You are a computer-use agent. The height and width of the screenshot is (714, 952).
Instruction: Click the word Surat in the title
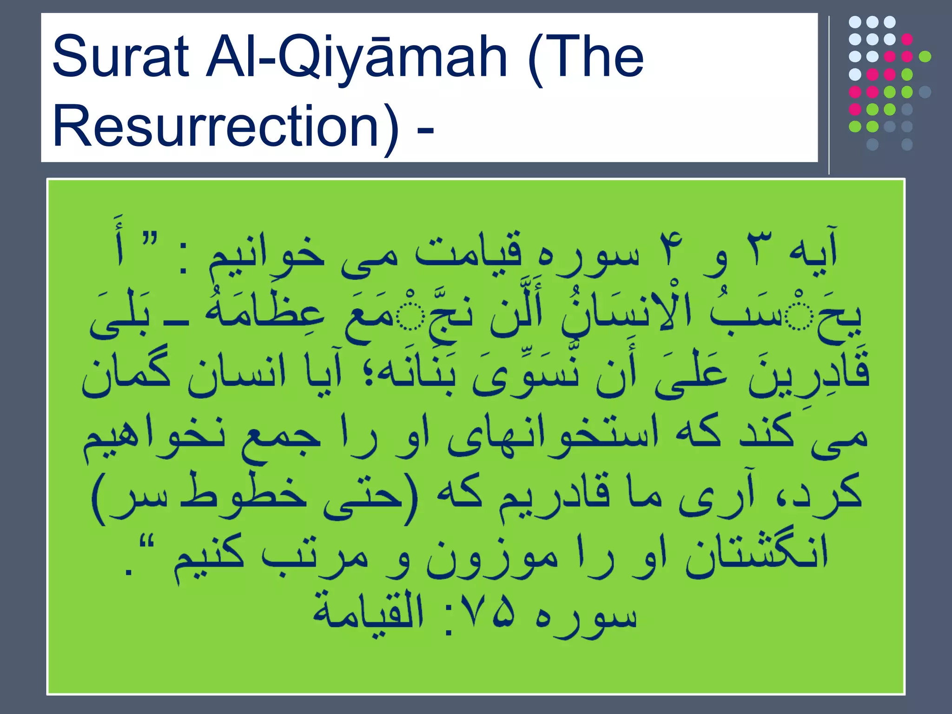coord(120,57)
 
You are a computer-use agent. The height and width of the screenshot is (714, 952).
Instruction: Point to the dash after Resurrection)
coord(425,128)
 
